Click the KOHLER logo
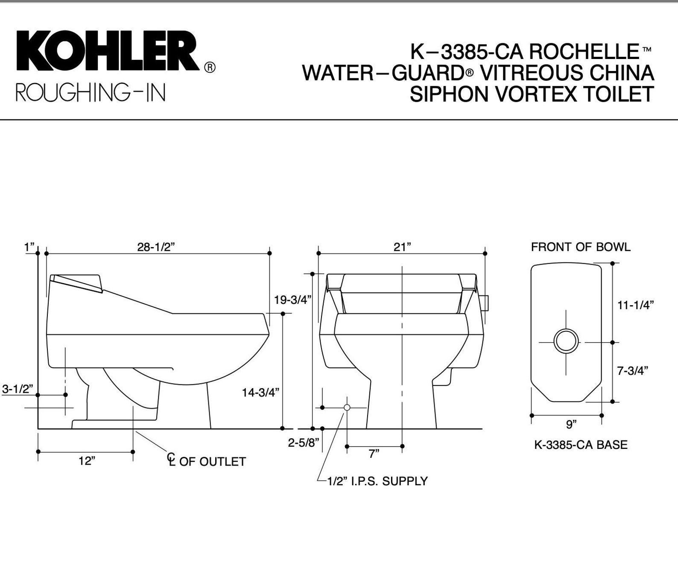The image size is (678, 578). (x=108, y=51)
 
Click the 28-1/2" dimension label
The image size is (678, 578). (x=156, y=247)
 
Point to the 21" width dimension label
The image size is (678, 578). (x=402, y=247)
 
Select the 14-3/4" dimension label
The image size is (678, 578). (x=260, y=392)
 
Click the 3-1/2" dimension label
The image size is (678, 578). (x=17, y=389)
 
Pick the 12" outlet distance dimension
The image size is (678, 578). (x=87, y=461)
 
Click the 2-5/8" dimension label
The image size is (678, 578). (x=303, y=442)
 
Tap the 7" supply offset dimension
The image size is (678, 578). (x=374, y=454)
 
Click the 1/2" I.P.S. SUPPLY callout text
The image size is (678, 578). (x=377, y=481)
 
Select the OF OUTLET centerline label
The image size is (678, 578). (x=212, y=462)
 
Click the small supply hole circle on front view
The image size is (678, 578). (x=347, y=407)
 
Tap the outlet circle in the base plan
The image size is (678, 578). (x=566, y=341)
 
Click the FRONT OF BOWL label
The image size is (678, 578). (x=580, y=247)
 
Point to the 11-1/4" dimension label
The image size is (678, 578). (x=636, y=305)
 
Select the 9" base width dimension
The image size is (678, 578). (x=571, y=424)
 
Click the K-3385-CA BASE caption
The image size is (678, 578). (x=581, y=445)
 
